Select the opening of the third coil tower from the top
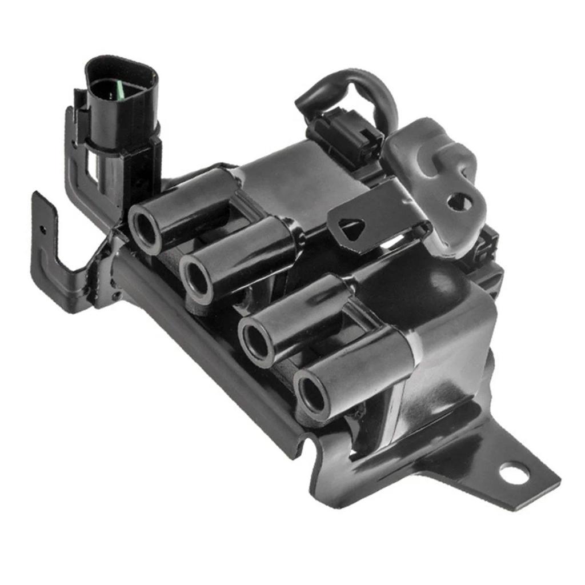pyautogui.click(x=255, y=340)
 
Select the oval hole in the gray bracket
pyautogui.click(x=460, y=201)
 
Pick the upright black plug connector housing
pyautogui.click(x=120, y=109)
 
